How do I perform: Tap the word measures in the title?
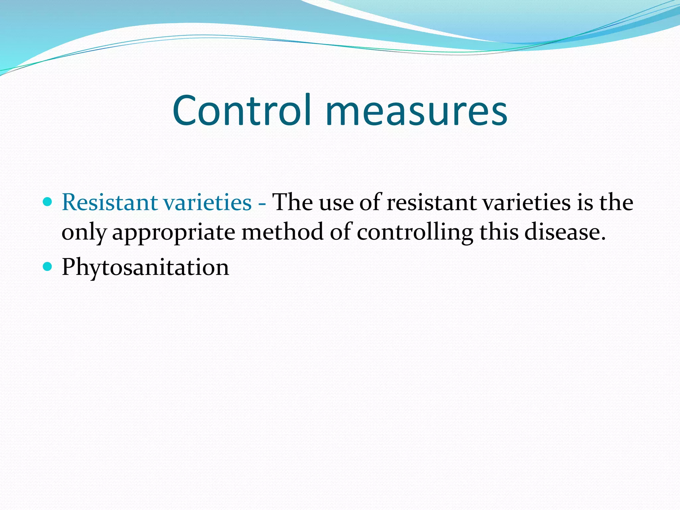click(x=416, y=111)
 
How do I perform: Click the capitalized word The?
click(x=292, y=202)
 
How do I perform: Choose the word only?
click(x=84, y=232)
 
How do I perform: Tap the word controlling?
click(x=415, y=232)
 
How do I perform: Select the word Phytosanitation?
click(x=145, y=267)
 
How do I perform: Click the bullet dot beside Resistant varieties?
click(x=48, y=201)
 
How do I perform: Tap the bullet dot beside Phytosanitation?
click(x=48, y=266)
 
